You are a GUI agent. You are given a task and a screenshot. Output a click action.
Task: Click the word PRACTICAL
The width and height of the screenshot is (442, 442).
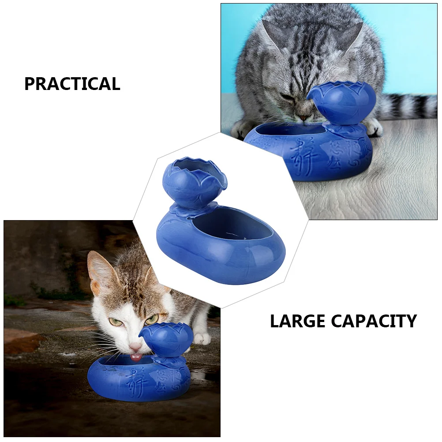click(x=72, y=84)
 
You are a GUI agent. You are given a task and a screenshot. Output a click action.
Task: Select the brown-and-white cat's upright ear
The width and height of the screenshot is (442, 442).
click(x=99, y=269)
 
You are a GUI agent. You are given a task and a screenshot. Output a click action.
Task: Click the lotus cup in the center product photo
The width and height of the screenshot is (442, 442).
click(x=194, y=181)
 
